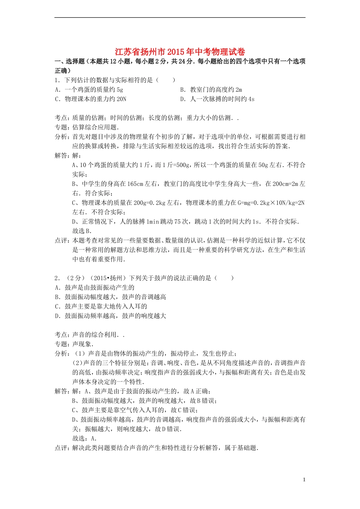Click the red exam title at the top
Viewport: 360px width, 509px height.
click(x=180, y=52)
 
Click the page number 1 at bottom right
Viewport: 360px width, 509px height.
click(x=304, y=479)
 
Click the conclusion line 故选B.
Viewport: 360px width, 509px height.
click(x=82, y=231)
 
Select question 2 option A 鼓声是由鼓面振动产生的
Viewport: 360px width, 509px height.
click(x=94, y=288)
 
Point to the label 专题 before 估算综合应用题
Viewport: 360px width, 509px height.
click(x=61, y=127)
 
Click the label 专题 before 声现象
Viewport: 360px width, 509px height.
click(x=61, y=344)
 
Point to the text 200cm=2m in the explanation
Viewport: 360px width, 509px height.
click(x=285, y=184)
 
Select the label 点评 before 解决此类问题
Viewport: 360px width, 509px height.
click(x=61, y=448)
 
